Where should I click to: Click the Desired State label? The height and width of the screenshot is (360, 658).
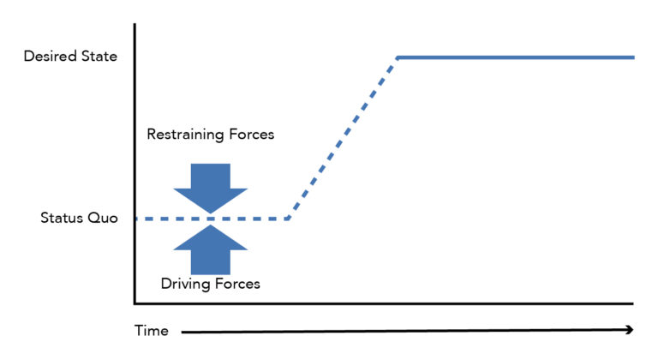point(70,57)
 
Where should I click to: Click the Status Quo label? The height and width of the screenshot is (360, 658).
point(77,218)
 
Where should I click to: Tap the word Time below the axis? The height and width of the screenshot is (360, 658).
point(151,331)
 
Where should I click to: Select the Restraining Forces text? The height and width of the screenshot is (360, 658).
point(210,135)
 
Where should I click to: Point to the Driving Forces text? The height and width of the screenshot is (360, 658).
point(210,283)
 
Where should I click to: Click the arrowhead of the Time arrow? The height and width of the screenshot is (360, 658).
point(628,329)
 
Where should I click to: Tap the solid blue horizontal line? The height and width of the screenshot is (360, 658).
point(514,57)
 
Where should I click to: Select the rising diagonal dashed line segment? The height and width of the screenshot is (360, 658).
point(343,137)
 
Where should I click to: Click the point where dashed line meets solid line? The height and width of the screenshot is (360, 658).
point(398,57)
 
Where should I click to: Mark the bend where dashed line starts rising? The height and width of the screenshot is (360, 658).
point(288,219)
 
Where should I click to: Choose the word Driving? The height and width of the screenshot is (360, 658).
point(183,283)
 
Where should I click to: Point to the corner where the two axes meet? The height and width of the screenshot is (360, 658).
point(135,303)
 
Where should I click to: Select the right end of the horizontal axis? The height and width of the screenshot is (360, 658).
point(632,303)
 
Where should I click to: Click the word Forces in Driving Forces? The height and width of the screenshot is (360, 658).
point(236,283)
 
